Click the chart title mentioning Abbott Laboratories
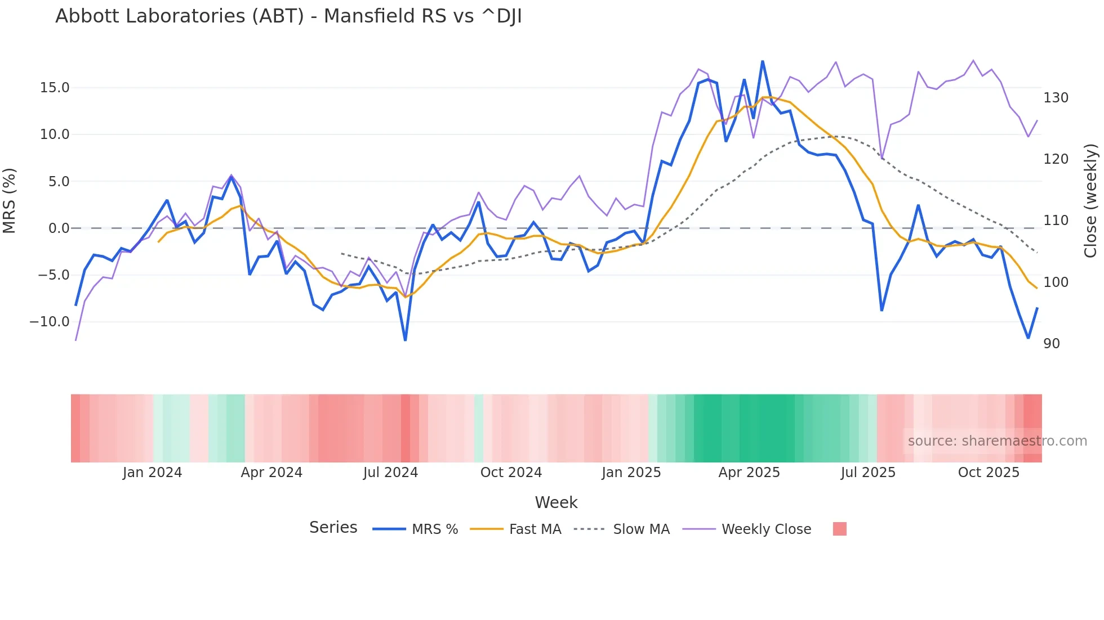click(x=288, y=16)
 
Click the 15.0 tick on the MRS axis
click(x=55, y=88)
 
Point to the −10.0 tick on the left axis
click(x=50, y=322)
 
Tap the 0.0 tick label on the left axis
click(x=59, y=228)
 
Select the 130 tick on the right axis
click(x=1056, y=98)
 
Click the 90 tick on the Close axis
click(x=1052, y=344)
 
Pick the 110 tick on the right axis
click(x=1056, y=221)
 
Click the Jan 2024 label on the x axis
click(x=152, y=473)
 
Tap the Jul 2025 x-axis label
click(x=868, y=473)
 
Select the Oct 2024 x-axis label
click(x=511, y=473)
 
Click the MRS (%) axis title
click(x=9, y=201)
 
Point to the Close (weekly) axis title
click(x=1091, y=201)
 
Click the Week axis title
click(x=556, y=502)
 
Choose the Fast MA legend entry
click(x=535, y=529)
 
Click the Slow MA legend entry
click(x=641, y=529)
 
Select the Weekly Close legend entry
click(x=766, y=529)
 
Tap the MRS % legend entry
click(x=434, y=529)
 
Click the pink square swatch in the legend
click(x=839, y=529)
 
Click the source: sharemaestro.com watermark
click(x=997, y=441)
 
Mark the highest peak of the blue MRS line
click(x=763, y=61)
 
